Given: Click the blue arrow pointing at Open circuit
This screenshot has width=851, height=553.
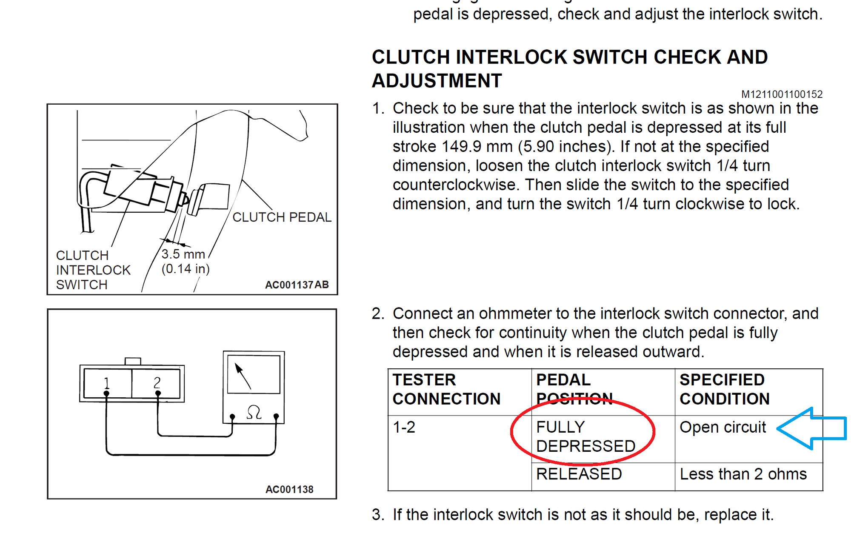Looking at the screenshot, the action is point(811,428).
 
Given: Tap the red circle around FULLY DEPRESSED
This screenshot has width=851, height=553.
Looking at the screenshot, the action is point(513,432).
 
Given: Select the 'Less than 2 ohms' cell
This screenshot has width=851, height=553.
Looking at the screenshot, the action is point(743,474).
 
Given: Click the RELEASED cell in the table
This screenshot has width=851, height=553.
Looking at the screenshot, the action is point(579,474).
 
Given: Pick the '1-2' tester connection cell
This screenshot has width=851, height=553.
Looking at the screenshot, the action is point(404,427).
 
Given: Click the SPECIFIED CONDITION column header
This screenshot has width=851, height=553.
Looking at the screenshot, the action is point(724,389).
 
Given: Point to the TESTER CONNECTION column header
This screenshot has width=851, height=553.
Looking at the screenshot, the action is point(446,389).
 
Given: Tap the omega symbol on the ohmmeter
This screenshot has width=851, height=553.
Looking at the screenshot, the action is point(254,412).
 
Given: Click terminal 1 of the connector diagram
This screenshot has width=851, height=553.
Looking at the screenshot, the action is point(107,383).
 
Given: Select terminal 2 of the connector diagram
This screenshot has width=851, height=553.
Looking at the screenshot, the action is point(157,383).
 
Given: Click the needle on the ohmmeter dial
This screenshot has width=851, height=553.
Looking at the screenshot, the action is point(243,376).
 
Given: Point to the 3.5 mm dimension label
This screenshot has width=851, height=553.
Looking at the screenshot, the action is point(183,254).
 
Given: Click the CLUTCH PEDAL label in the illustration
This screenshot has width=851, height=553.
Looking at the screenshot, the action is point(282,217).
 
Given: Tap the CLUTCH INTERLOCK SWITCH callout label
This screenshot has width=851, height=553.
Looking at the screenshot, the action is point(93,270).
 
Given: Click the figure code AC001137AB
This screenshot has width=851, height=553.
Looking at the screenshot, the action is point(297,285).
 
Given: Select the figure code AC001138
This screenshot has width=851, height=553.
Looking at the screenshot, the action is point(289,490).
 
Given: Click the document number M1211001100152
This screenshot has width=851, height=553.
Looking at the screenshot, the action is point(782,94).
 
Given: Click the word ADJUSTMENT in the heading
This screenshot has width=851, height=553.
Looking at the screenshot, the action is point(437,81).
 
